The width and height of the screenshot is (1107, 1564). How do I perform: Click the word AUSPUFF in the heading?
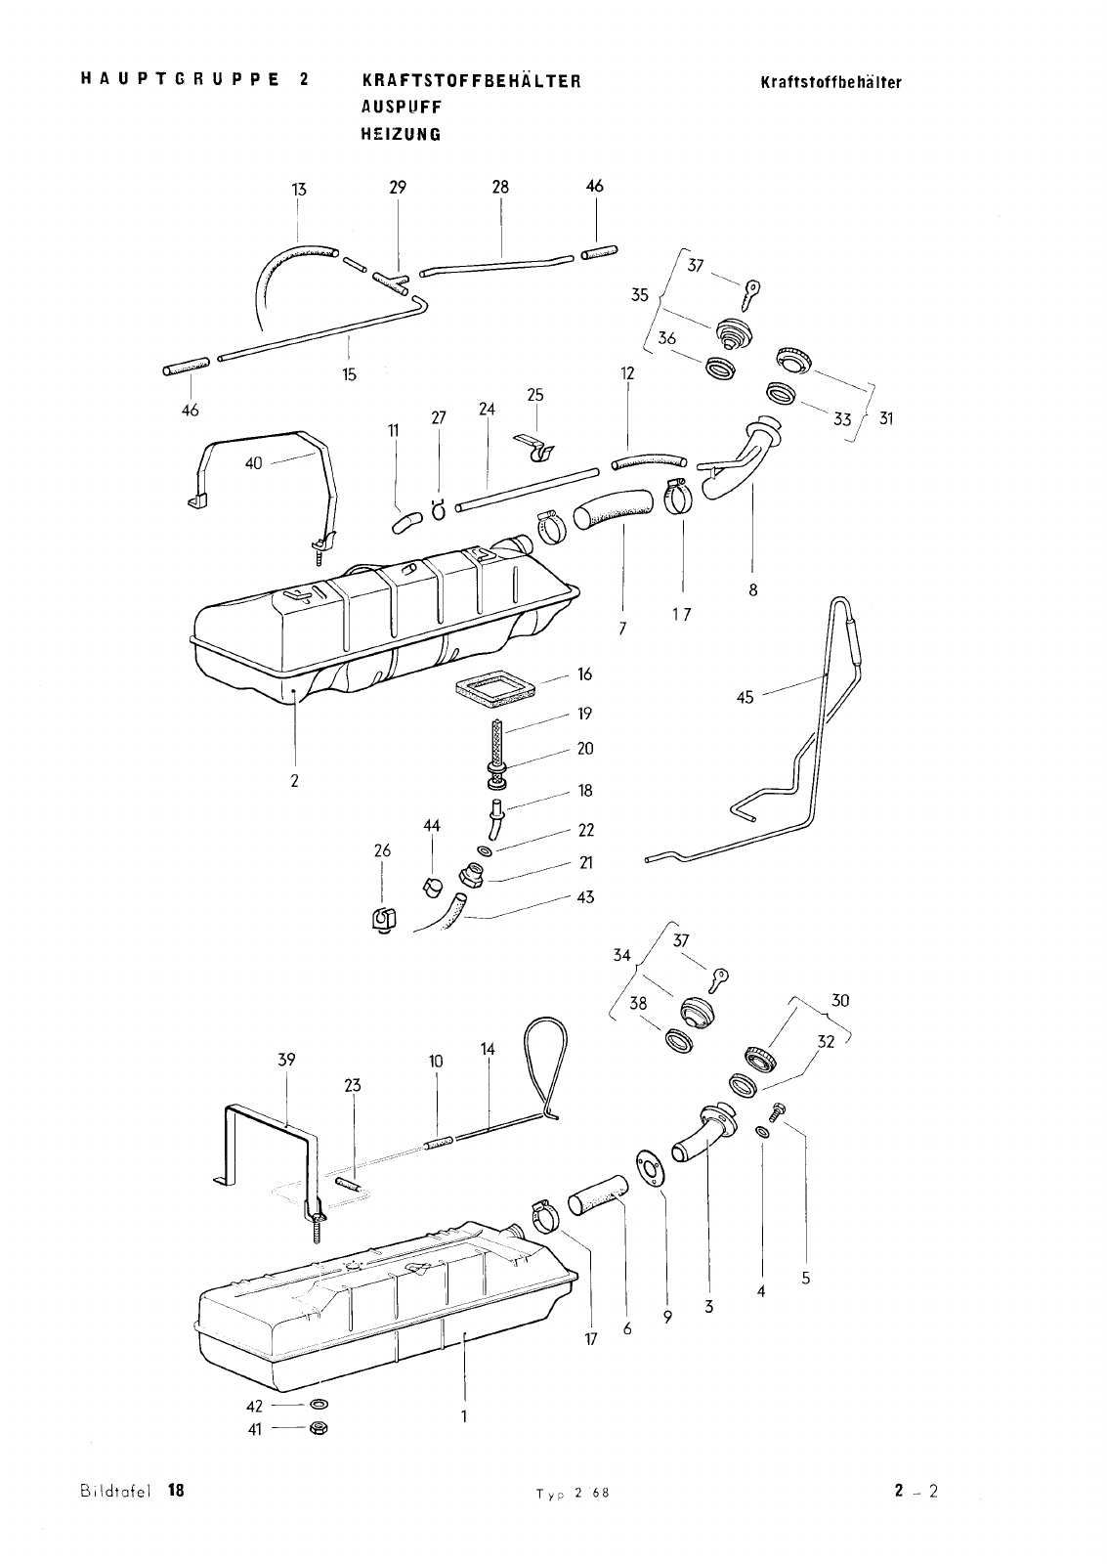[402, 108]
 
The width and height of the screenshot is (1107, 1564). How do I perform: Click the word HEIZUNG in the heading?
[402, 134]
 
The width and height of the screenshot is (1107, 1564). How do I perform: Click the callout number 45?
[745, 698]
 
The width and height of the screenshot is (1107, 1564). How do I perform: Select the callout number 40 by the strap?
[253, 463]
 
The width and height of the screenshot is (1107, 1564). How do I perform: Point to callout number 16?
[585, 673]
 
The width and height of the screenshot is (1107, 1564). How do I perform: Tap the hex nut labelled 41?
[319, 1428]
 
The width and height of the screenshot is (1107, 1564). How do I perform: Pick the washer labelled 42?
[318, 1404]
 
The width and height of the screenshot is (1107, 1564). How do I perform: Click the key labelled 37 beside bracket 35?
[751, 293]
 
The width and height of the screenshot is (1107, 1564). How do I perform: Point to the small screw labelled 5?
[779, 1108]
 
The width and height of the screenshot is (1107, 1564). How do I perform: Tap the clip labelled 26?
[383, 920]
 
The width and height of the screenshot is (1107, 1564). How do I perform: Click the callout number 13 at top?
[299, 190]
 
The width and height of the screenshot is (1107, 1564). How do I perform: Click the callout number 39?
[286, 1060]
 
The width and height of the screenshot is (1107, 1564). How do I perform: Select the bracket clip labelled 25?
[535, 447]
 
